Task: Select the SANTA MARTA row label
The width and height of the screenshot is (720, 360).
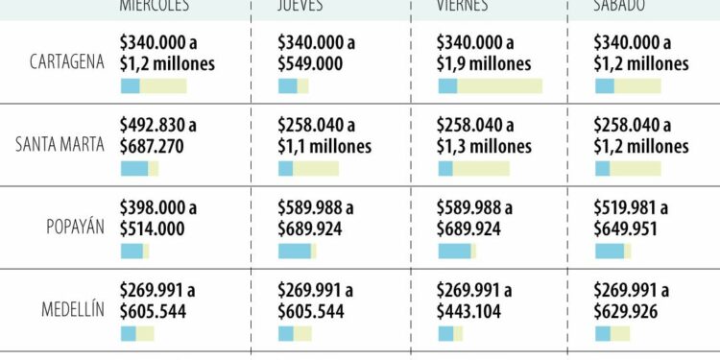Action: tap(60, 145)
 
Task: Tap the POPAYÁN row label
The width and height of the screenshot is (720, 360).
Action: tap(76, 228)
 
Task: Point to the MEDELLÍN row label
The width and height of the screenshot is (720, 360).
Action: tap(72, 310)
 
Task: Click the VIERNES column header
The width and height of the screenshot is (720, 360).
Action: tap(462, 6)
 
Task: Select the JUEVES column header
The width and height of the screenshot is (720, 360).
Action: tap(300, 6)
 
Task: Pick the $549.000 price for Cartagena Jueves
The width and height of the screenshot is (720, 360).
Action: tap(310, 64)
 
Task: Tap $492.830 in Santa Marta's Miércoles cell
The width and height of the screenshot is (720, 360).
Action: tap(157, 126)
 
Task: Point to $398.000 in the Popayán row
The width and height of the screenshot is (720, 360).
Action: tap(157, 208)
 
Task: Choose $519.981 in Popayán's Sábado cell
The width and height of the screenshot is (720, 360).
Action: tap(632, 208)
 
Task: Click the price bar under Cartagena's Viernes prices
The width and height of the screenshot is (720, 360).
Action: tap(490, 86)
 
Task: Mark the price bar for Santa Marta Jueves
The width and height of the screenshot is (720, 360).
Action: tap(308, 169)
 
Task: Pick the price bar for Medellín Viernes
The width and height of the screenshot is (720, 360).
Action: tap(450, 334)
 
